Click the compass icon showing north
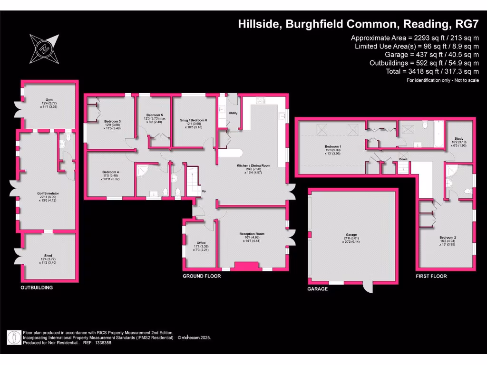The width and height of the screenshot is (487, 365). pos(45,48)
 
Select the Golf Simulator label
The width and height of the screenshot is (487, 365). pos(47,193)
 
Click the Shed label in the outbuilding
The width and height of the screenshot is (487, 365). pos(48,255)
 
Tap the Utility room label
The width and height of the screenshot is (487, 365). pos(233,113)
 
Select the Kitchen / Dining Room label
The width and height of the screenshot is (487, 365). pos(253,166)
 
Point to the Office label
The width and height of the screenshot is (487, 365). pos(201,243)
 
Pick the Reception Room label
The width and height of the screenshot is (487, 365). pos(252,234)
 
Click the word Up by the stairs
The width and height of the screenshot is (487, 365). pos(204,192)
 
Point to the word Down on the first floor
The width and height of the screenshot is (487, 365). pos(403,159)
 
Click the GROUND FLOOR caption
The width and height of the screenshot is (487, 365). pos(202,276)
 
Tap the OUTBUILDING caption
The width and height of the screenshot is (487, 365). pos(37,288)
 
